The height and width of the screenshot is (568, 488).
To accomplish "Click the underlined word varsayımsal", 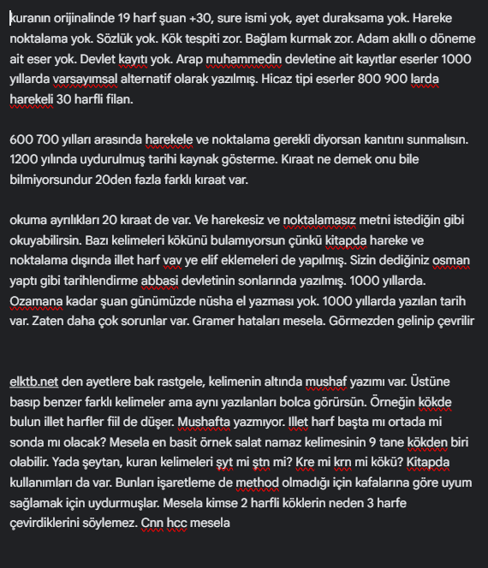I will (107, 80).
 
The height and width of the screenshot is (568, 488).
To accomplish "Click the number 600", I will (21, 139).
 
